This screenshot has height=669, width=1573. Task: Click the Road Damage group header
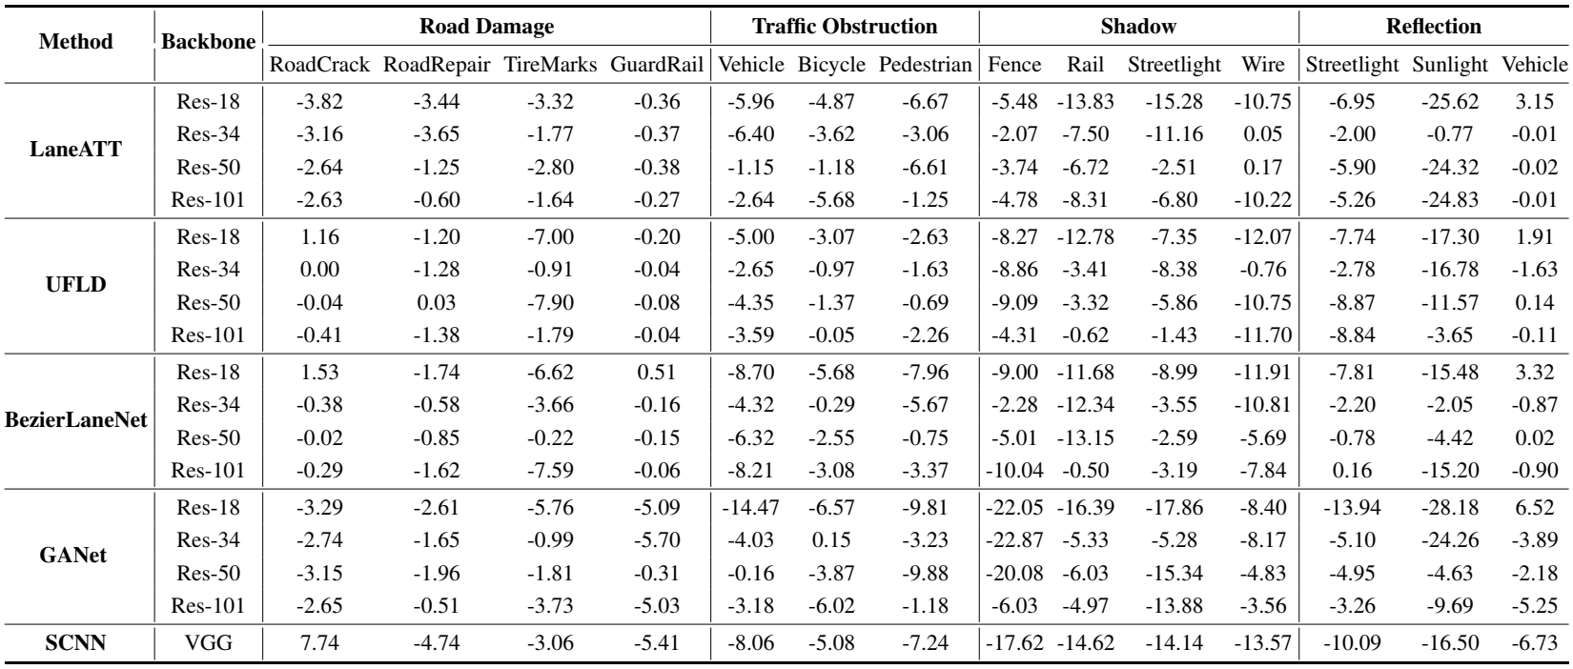coord(486,27)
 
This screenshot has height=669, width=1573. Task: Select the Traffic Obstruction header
coord(845,27)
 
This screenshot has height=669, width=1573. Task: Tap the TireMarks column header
coord(551,65)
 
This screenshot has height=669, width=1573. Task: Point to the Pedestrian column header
coord(926,65)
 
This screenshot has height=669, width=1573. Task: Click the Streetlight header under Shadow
coord(1175,65)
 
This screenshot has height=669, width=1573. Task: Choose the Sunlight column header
coord(1450,65)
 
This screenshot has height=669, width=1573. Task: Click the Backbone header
coord(209,41)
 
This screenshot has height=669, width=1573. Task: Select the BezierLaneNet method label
coord(76,419)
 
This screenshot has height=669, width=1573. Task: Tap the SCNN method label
coord(75,643)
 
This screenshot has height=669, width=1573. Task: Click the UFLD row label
coord(76,284)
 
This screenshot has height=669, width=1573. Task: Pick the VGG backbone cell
coord(209,643)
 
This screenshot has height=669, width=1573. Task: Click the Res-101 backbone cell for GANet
coord(209,606)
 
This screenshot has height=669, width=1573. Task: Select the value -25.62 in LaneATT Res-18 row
coord(1450,102)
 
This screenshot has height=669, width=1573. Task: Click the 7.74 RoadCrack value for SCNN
coord(319,643)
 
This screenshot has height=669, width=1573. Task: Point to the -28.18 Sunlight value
coord(1450,508)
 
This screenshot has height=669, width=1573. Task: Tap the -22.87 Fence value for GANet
coord(1014,539)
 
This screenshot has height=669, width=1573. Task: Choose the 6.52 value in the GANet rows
coord(1534,508)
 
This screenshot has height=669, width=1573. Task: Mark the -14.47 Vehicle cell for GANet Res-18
coord(750,508)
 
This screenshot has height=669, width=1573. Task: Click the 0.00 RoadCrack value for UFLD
coord(319,270)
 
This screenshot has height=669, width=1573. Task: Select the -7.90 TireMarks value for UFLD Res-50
coord(551,302)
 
